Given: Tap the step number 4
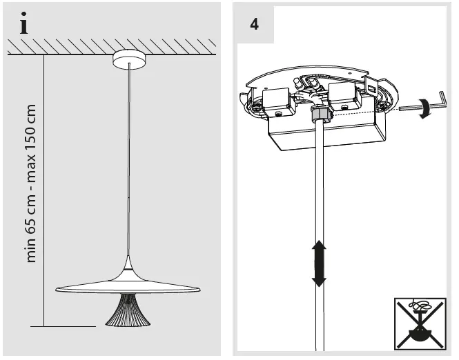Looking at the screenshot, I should pos(254,23).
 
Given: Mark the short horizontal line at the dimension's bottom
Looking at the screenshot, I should pos(69,326).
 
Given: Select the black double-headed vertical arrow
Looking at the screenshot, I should pos(319,263).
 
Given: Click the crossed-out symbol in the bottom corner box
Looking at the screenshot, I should pos(420,323).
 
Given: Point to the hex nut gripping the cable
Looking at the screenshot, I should pos(320,112).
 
